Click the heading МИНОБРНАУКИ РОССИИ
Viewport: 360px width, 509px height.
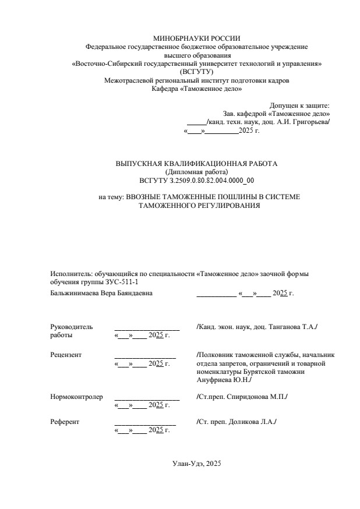click(197, 38)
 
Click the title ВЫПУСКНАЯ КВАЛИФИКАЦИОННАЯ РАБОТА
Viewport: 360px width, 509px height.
click(197, 164)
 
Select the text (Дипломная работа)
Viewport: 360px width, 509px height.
click(197, 172)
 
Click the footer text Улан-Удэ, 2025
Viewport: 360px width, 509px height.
click(197, 464)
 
